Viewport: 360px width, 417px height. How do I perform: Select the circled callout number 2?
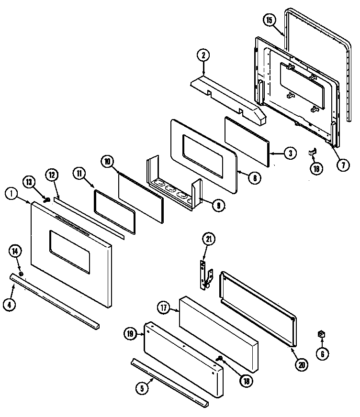click(x=203, y=55)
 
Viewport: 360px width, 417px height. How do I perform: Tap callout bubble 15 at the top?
click(x=270, y=20)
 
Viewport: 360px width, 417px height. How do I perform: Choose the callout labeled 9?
click(x=218, y=206)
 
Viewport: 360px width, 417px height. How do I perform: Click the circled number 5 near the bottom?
click(x=141, y=388)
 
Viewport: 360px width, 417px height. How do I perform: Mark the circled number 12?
click(x=52, y=176)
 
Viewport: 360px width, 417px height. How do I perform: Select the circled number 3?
click(x=289, y=154)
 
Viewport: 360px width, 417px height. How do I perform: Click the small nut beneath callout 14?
click(x=21, y=272)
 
